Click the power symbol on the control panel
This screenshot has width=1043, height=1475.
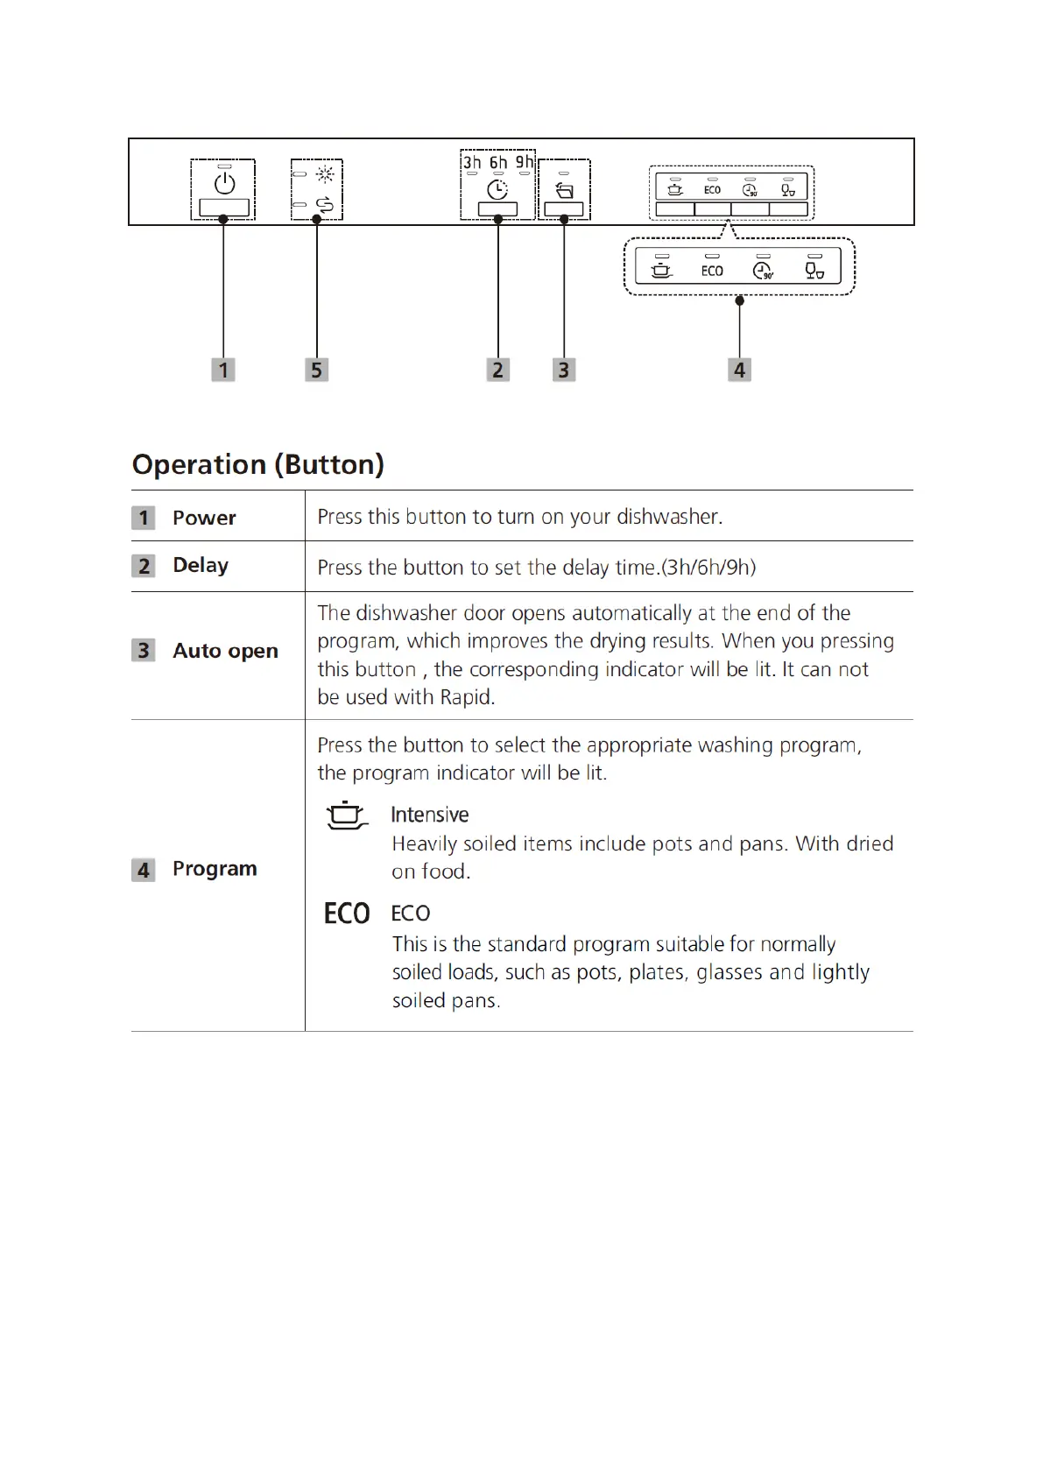pos(225,183)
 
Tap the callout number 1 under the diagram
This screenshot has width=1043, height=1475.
pos(223,371)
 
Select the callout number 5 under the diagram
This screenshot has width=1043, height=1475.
pos(316,371)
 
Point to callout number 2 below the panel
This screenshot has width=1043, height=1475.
pos(497,371)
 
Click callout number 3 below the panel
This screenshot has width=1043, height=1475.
pos(563,371)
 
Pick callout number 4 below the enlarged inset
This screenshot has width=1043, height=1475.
pos(739,371)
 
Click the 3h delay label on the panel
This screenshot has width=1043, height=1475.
pos(472,163)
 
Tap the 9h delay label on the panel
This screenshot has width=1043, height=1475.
pos(524,163)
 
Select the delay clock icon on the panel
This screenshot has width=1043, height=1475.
pos(497,189)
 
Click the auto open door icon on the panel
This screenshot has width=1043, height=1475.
pos(565,190)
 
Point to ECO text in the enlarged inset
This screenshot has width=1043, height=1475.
pos(712,272)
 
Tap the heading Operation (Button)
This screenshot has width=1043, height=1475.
pos(258,464)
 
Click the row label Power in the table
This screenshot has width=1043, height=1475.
pos(204,518)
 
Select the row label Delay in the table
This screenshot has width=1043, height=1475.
pos(201,565)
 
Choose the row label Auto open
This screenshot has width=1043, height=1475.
pos(225,651)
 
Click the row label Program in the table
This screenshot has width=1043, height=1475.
pos(215,869)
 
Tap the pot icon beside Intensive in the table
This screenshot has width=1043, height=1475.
pos(347,815)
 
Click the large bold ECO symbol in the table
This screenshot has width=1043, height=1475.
pos(347,914)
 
